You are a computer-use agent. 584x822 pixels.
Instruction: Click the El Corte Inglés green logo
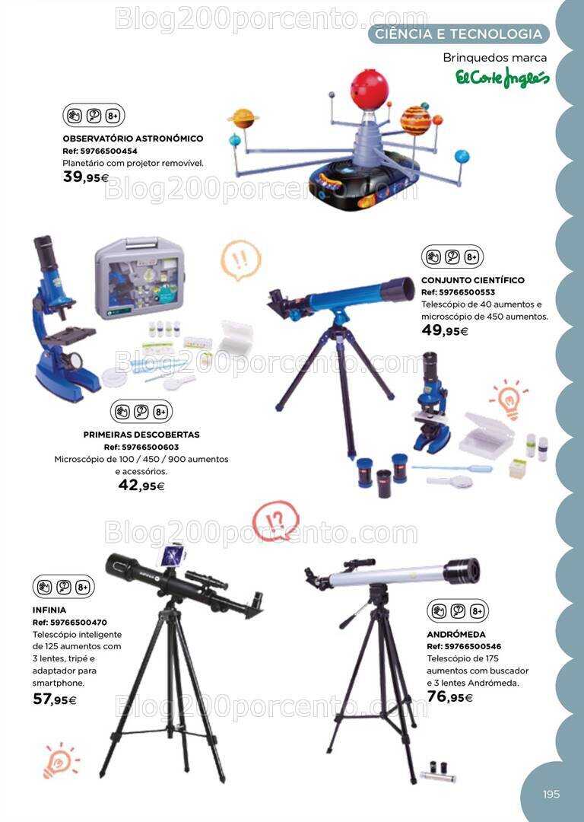[x=503, y=78]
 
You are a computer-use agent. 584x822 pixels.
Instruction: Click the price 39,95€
[x=85, y=177]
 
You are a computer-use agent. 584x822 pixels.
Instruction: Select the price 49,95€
[x=445, y=330]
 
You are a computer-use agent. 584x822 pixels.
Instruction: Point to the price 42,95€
[x=141, y=486]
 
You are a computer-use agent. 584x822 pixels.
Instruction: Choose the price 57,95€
[x=55, y=699]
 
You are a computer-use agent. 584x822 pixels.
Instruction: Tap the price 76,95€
[x=450, y=696]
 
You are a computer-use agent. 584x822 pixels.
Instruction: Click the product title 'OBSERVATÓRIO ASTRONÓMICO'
[x=133, y=139]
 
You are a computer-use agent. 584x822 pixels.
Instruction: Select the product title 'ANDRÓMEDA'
[x=456, y=634]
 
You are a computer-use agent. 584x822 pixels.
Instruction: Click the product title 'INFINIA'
[x=49, y=610]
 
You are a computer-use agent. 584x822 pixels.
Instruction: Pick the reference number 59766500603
[x=141, y=448]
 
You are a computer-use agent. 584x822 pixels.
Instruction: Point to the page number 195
[x=551, y=794]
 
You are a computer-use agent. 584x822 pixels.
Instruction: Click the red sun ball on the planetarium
[x=370, y=88]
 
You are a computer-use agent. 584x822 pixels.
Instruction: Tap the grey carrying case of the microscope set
[x=137, y=278]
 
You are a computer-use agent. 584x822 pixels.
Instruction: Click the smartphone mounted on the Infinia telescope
[x=173, y=555]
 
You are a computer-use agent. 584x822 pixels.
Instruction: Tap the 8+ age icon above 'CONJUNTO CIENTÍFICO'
[x=471, y=257]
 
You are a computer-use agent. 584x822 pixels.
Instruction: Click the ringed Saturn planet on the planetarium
[x=243, y=119]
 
